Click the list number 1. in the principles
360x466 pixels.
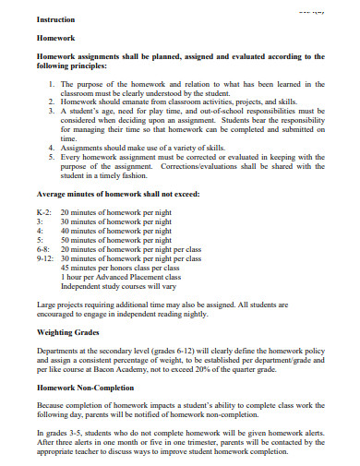51,84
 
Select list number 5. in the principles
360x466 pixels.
51,156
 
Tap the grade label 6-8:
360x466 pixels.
43,250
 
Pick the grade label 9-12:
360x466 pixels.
46,259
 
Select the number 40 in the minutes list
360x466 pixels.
66,232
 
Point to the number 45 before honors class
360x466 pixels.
66,269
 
